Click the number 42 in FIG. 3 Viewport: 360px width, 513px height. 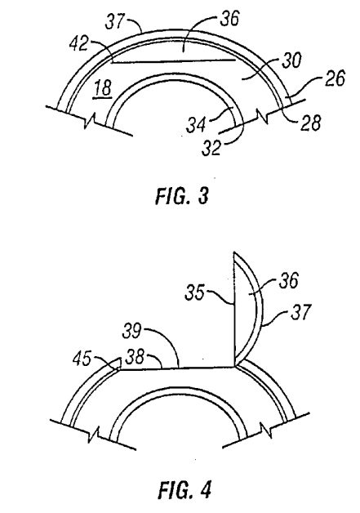coord(78,44)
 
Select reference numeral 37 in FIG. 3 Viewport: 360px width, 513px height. coord(114,21)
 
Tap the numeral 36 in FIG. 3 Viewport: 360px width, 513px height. coord(229,19)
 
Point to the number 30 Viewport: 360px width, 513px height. coord(291,60)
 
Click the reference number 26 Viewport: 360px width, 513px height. coord(335,78)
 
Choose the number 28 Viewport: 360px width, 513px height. coord(311,123)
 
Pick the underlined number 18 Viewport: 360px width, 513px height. coord(103,89)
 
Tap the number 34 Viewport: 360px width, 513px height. coord(197,125)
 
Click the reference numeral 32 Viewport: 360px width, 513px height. coord(211,148)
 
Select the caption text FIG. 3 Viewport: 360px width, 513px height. coord(182,196)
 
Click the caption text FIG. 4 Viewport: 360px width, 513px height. coord(185,490)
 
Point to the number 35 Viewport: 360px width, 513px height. coord(195,292)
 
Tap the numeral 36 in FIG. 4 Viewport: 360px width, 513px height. coord(288,281)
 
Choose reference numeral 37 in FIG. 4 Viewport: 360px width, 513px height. coord(299,312)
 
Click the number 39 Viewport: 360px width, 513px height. coord(131,331)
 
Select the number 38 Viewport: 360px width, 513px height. coord(135,357)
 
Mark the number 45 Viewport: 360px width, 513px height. coord(82,359)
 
